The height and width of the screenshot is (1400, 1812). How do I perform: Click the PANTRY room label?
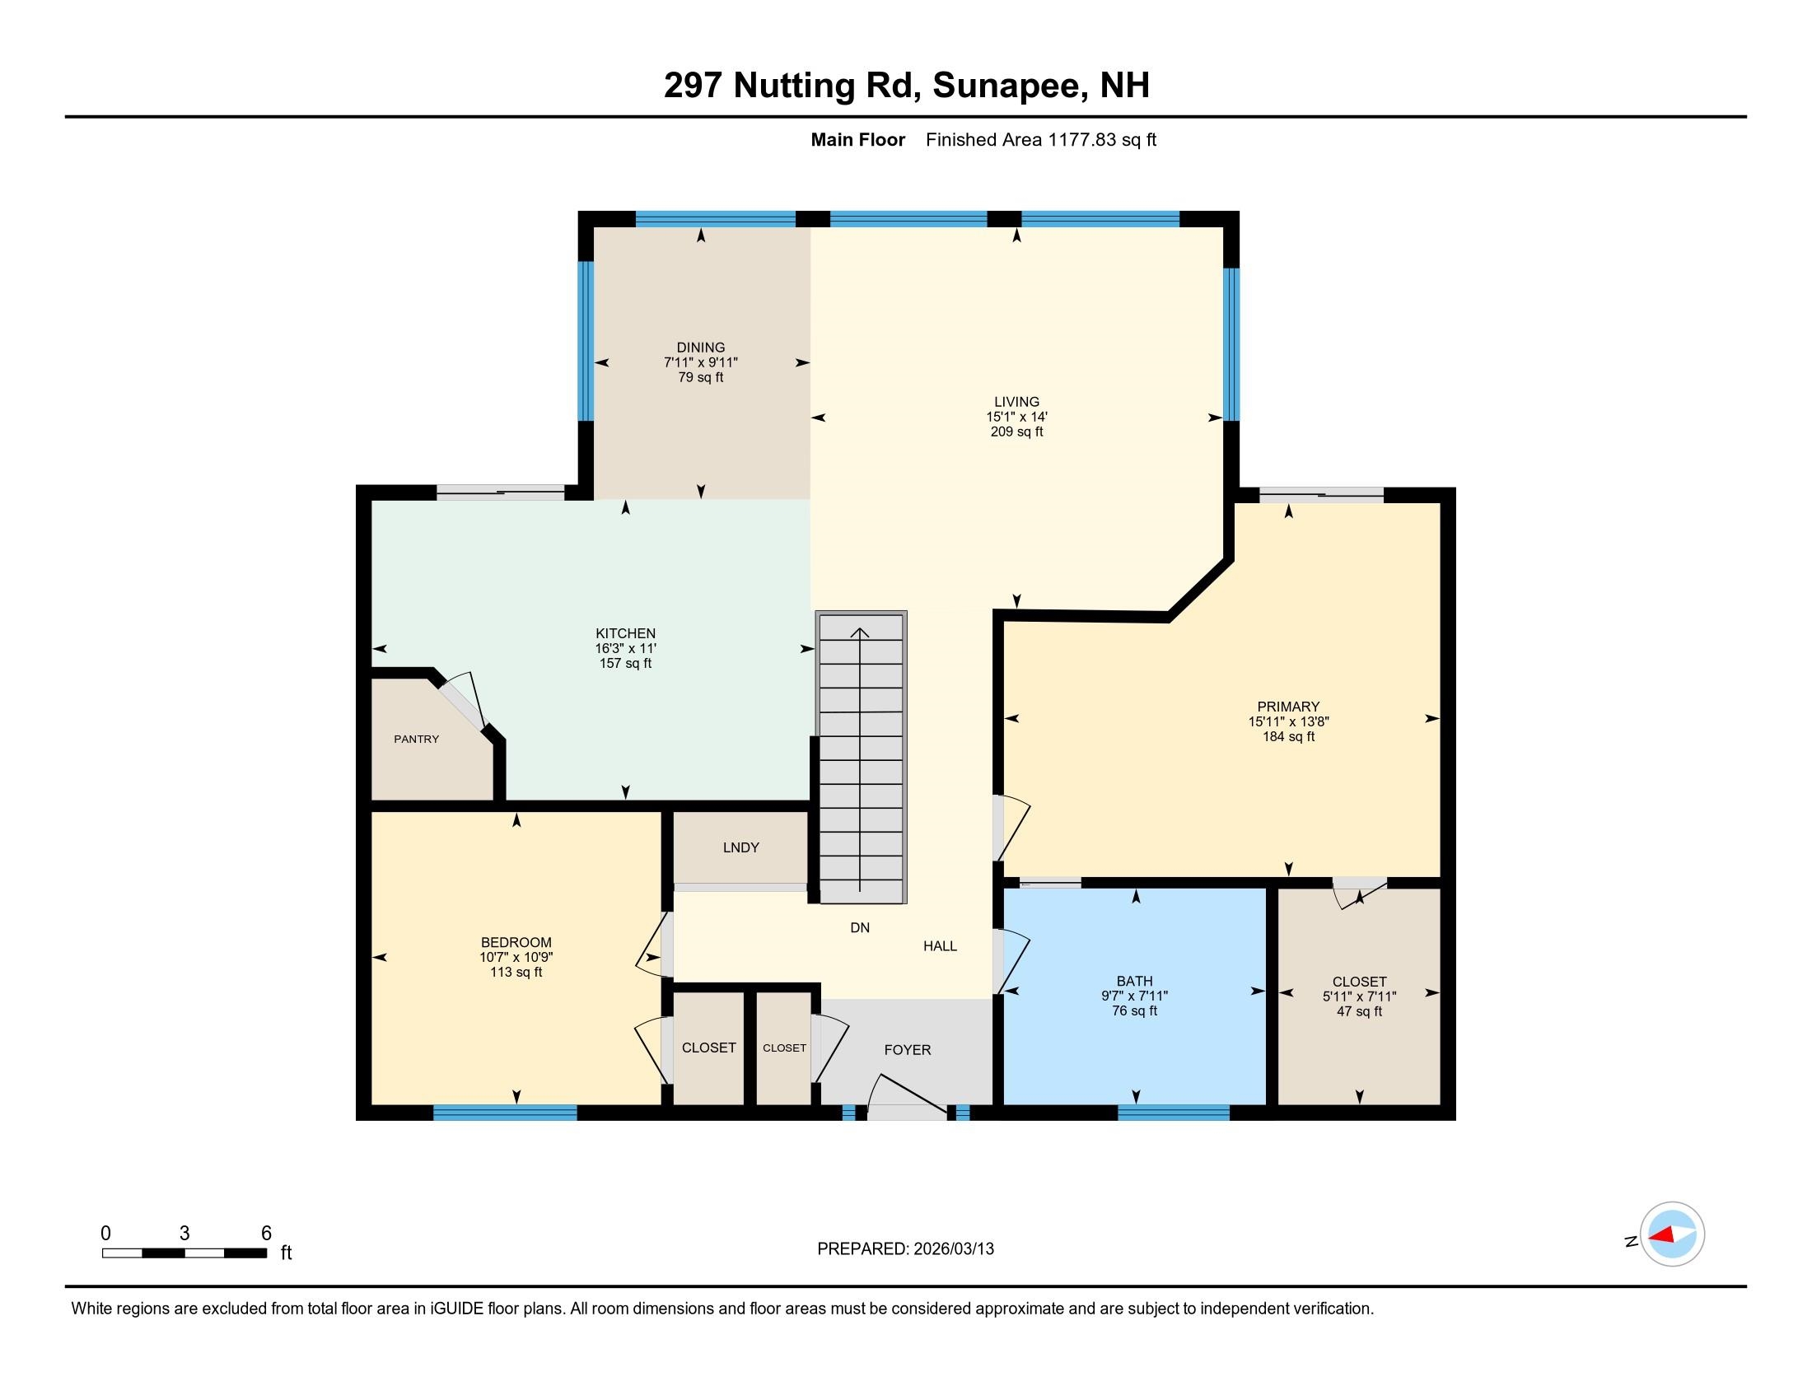[x=417, y=739]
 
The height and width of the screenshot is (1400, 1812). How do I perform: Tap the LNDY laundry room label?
[x=741, y=847]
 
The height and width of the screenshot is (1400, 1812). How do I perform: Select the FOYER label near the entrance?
[x=907, y=1050]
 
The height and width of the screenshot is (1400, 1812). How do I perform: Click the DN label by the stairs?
[x=860, y=928]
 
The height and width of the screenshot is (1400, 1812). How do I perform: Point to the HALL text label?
[x=940, y=946]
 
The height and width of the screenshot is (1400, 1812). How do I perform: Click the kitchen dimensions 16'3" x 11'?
[x=626, y=649]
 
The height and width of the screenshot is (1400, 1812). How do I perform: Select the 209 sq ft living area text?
[x=1016, y=432]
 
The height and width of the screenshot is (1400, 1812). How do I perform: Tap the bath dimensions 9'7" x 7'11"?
[x=1134, y=996]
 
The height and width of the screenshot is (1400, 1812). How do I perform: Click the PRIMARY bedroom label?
[x=1287, y=707]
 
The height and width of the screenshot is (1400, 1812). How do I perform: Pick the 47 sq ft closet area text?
[x=1359, y=1012]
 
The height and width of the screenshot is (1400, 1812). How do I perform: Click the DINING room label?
[x=700, y=348]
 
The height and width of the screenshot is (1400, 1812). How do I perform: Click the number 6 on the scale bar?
[x=266, y=1234]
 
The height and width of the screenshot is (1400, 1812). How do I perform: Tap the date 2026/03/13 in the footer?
[x=952, y=1249]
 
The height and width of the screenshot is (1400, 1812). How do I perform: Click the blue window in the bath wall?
[x=1173, y=1113]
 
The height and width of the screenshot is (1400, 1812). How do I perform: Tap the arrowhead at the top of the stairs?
[x=860, y=633]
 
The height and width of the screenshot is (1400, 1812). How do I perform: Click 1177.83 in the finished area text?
[x=1082, y=140]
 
